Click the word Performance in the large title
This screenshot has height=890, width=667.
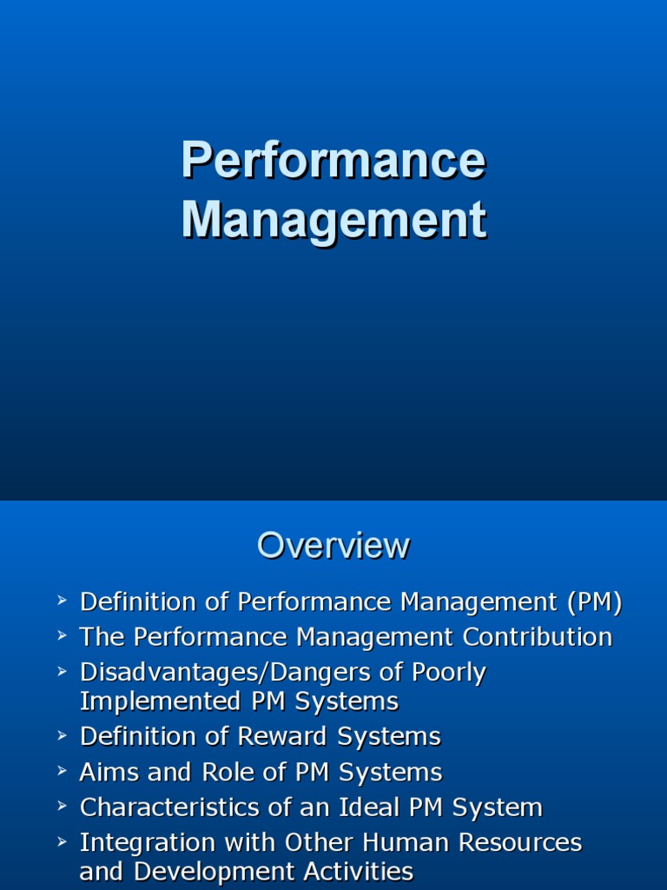(333, 161)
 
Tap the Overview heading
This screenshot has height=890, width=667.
(333, 546)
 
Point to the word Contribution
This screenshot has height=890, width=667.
(538, 637)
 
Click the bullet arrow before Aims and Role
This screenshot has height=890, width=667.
(62, 770)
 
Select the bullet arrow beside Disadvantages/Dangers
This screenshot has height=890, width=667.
(62, 671)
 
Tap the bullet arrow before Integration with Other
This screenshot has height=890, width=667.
(62, 841)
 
